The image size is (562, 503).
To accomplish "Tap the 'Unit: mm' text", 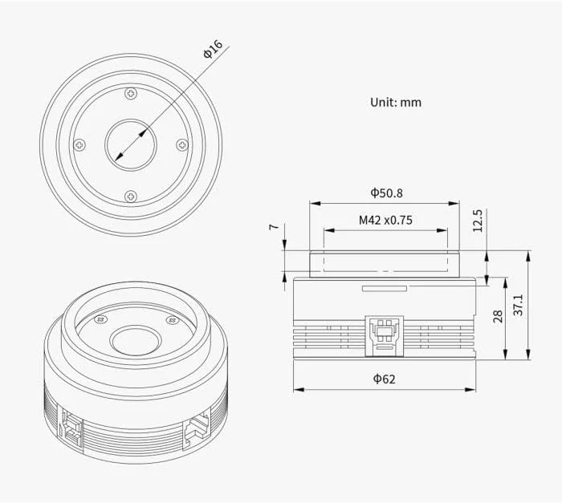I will pos(395,102).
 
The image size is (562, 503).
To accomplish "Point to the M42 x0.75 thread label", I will pos(385,220).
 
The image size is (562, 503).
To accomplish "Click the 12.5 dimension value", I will pos(479,220).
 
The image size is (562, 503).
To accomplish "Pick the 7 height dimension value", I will pos(273,227).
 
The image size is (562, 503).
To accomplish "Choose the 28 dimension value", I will pos(498,317).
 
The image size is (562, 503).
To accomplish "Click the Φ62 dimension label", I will pos(385,379).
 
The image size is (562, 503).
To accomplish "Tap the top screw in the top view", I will pos(131,94).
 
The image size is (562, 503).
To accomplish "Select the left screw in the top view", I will pos(79,145).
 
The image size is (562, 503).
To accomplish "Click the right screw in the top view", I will pos(182,145).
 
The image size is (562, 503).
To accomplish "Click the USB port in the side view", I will pos(384,332).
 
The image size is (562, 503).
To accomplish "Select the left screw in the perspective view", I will pos(100,319).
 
